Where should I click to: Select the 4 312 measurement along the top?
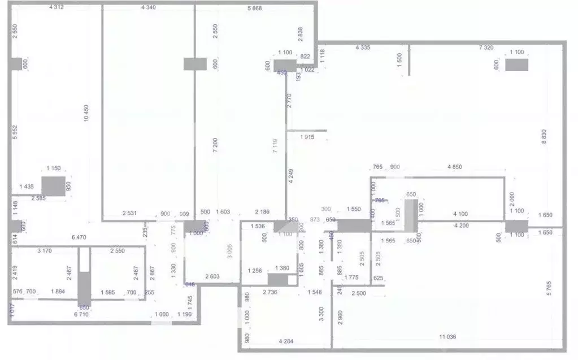pyautogui.click(x=56, y=7)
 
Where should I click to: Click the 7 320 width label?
pyautogui.click(x=486, y=48)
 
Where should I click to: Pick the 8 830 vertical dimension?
pyautogui.click(x=544, y=137)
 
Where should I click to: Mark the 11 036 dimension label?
pyautogui.click(x=448, y=337)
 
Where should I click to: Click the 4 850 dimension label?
pyautogui.click(x=455, y=167)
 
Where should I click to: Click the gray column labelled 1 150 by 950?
pyautogui.click(x=54, y=185)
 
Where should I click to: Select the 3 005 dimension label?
pyautogui.click(x=229, y=250)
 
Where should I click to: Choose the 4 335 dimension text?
pyautogui.click(x=362, y=48)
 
